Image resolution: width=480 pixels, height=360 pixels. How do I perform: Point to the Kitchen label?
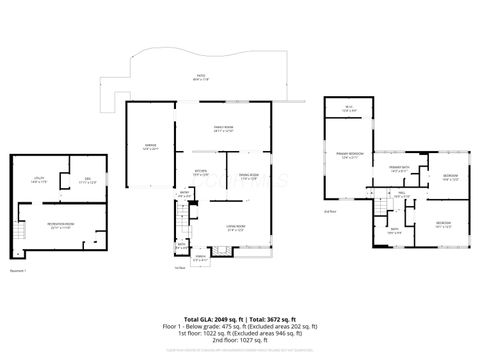point(201,172)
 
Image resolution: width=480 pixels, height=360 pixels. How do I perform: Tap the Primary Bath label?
point(399,169)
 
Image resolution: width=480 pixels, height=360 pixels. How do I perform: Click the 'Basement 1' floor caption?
point(17,270)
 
